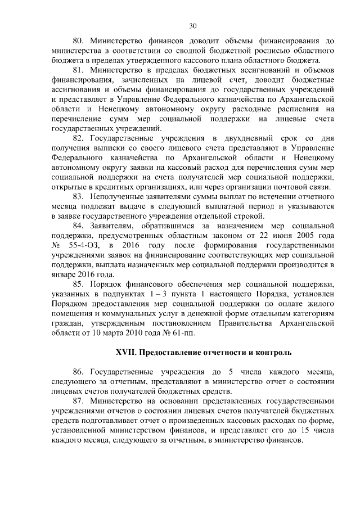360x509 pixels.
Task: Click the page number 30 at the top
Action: point(193,26)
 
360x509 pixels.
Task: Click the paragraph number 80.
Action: point(80,40)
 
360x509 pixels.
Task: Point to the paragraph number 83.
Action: point(80,195)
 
